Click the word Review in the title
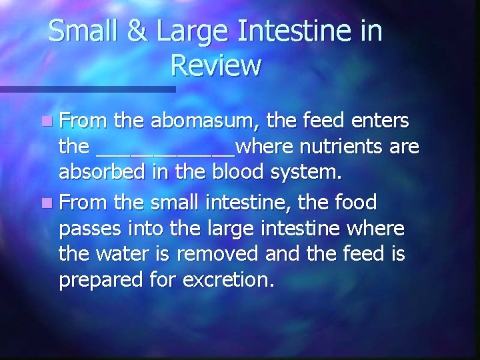pyautogui.click(x=215, y=65)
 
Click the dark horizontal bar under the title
pyautogui.click(x=87, y=89)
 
